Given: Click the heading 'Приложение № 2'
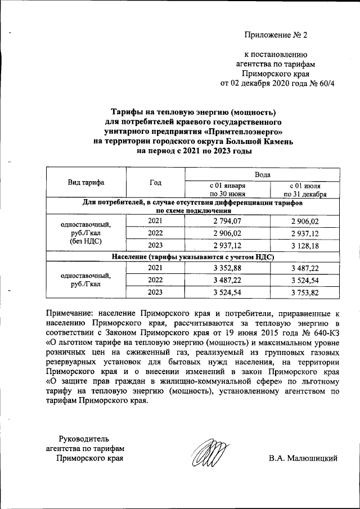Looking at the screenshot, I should tap(276, 35).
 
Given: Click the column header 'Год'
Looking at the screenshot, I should tap(155, 182).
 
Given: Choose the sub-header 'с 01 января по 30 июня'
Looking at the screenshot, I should tap(227, 190).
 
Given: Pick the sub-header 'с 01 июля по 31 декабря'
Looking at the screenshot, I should tap(305, 190).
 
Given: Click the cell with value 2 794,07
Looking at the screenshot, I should tap(227, 221).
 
